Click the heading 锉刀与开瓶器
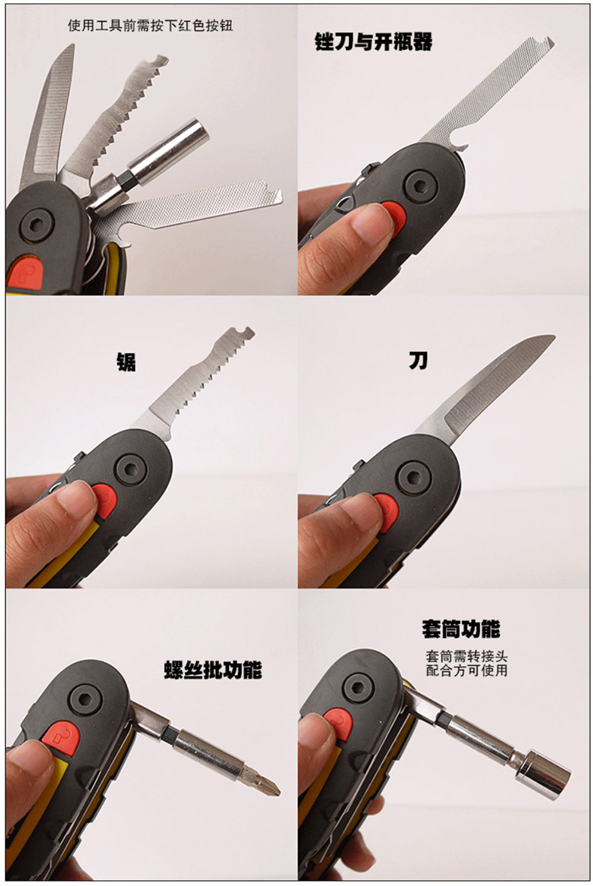coord(373,42)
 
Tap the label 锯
coord(126,362)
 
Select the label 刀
coord(418,360)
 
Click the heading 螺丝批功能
coord(213,670)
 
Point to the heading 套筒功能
coord(461,629)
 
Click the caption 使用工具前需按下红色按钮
coord(150,26)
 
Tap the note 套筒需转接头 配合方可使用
coord(466,663)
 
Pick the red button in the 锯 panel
coord(104,501)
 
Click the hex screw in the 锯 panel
coord(131,469)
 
